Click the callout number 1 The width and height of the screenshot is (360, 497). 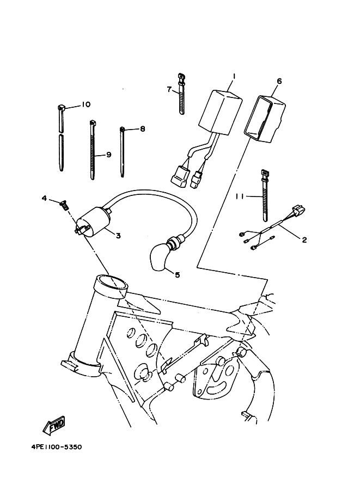(233, 75)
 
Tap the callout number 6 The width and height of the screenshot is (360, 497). (279, 82)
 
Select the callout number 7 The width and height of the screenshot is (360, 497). (169, 88)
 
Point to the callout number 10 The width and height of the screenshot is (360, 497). (86, 105)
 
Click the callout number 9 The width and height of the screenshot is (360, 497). (108, 155)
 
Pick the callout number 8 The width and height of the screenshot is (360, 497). (142, 129)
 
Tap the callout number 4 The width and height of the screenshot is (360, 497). (45, 198)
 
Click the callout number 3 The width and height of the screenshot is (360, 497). (117, 235)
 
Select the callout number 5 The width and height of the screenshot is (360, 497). (177, 275)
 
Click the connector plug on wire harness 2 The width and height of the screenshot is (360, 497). (297, 210)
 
